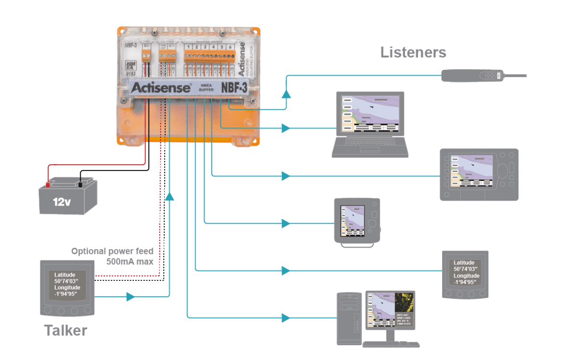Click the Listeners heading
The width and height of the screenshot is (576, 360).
pos(413,52)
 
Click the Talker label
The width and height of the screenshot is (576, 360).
pos(65,331)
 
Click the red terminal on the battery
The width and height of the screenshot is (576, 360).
pos(48,184)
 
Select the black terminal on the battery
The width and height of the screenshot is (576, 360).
pos(80,184)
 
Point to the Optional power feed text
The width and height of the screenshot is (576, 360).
pos(112,251)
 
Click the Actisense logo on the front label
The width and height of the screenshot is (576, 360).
pos(160,88)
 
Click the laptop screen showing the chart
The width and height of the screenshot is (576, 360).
pos(370,114)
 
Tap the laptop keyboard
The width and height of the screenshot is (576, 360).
pos(370,146)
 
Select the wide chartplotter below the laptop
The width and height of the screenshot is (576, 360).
pos(479,175)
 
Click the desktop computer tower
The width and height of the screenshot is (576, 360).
pos(349,318)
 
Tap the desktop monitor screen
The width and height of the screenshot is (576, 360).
pos(390,311)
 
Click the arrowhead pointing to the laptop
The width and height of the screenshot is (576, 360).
pos(286,128)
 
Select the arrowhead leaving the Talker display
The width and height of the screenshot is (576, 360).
pos(131,297)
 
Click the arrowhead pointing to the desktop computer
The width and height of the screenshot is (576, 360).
pos(286,317)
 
